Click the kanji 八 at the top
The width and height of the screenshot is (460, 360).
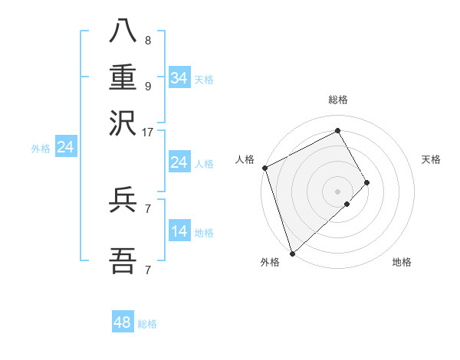[x=123, y=32]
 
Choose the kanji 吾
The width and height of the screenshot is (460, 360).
[x=123, y=261]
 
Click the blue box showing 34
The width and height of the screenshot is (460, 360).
[x=179, y=78]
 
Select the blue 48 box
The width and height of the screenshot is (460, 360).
[x=123, y=322]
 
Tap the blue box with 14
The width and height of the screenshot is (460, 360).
[x=179, y=231]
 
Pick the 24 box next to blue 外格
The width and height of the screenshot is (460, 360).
[x=65, y=148]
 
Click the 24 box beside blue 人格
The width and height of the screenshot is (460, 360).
[x=179, y=162]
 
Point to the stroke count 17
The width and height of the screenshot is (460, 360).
[x=148, y=132]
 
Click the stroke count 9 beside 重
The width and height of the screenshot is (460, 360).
[x=148, y=86]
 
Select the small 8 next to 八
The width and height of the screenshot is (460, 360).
[x=148, y=41]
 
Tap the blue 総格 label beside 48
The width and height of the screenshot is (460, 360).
[x=147, y=324]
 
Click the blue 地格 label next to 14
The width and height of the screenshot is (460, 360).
[x=204, y=233]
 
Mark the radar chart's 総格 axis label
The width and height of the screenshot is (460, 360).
[x=337, y=100]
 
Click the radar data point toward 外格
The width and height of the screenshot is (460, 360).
[x=292, y=252]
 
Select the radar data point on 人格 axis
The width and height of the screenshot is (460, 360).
[x=264, y=168]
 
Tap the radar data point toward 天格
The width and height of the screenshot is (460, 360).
[x=366, y=182]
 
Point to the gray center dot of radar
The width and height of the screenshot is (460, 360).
[x=337, y=191]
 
